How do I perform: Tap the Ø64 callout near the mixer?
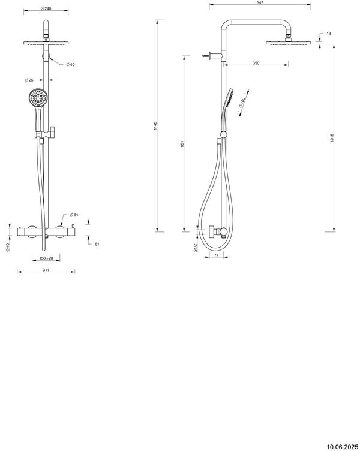[x=74, y=214]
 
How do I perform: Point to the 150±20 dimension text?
[x=45, y=258]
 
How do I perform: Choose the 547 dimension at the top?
[x=260, y=3]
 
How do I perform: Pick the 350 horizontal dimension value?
[x=256, y=62]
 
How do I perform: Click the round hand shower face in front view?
[x=37, y=97]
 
